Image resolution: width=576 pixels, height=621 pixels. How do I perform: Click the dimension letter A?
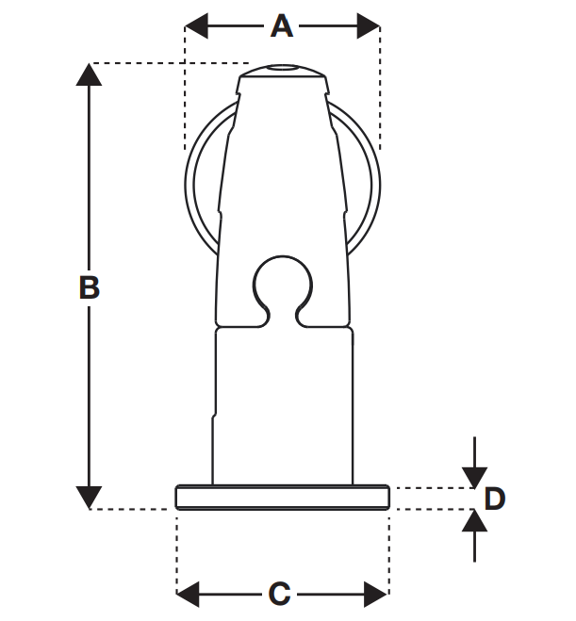point(281,25)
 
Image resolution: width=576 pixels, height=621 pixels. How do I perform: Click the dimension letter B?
point(89,287)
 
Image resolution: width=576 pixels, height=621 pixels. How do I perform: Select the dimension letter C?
point(279,594)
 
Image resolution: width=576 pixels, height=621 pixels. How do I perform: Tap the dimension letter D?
point(494,498)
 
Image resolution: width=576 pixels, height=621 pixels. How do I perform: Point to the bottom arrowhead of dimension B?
point(89,497)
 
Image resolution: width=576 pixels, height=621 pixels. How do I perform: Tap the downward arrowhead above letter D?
point(474,476)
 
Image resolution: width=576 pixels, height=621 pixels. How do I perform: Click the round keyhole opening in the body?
point(282,282)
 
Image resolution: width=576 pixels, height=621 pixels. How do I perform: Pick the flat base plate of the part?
point(282,498)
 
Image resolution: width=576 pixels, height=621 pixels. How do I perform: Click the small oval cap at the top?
point(282,70)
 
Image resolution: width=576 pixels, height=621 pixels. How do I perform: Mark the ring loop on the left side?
point(200,179)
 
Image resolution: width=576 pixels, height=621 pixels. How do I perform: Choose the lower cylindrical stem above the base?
point(282,405)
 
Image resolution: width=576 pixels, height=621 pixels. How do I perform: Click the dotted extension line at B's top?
point(170,64)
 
